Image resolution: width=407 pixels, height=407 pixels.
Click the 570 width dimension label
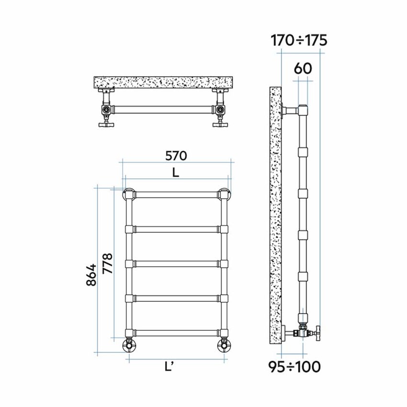pyautogui.click(x=176, y=156)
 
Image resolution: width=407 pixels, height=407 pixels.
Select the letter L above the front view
pyautogui.click(x=176, y=173)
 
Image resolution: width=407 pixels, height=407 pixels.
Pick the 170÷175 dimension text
pyautogui.click(x=299, y=40)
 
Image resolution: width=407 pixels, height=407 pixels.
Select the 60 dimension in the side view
pyautogui.click(x=303, y=68)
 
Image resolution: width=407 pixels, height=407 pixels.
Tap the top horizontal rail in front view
pyautogui.click(x=176, y=195)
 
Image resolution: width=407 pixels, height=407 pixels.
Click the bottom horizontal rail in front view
pyautogui.click(x=176, y=333)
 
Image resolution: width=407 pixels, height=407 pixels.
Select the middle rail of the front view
pyautogui.click(x=176, y=263)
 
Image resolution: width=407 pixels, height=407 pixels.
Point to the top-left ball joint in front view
pyautogui.click(x=130, y=194)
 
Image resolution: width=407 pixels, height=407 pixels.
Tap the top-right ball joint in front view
pyautogui.click(x=224, y=194)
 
